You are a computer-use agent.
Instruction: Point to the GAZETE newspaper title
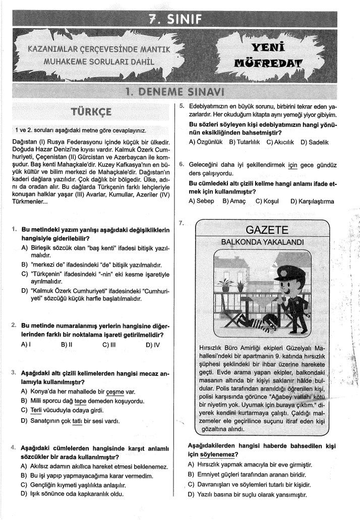click(267, 230)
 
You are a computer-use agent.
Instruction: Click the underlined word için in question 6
click(293, 165)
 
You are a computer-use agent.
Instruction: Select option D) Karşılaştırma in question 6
click(312, 201)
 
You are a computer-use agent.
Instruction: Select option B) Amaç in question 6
click(233, 201)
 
